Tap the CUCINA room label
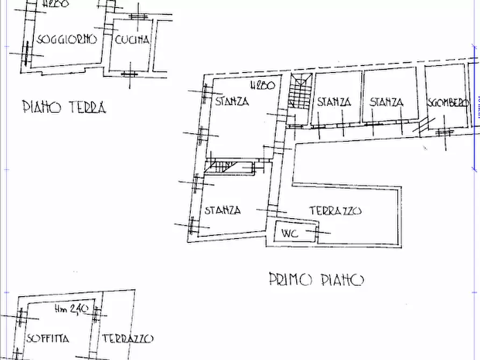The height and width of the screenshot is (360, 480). [132, 39]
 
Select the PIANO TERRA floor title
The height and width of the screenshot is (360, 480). [64, 107]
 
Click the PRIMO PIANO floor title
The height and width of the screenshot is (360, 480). [316, 279]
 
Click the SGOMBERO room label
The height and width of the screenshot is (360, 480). [448, 103]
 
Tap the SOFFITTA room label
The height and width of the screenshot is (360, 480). [47, 339]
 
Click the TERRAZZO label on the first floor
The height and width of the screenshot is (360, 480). [335, 211]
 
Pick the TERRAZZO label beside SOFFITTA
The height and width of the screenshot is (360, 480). [127, 339]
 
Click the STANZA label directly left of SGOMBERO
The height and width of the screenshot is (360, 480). [387, 102]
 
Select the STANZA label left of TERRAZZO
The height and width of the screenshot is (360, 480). [223, 211]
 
